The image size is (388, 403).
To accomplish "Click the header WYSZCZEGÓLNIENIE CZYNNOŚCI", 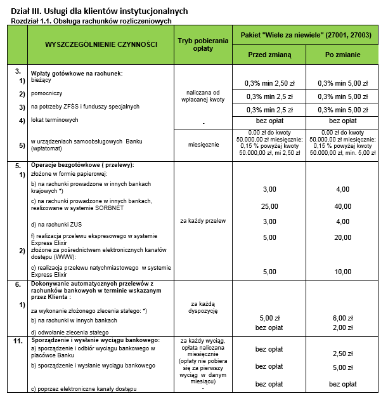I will (x=101, y=46).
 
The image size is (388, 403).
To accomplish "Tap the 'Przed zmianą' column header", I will (x=269, y=55).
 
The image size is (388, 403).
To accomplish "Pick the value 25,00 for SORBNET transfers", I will (x=269, y=206).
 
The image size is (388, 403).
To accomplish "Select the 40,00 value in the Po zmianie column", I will (x=342, y=206).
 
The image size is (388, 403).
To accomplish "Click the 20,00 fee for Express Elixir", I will (x=342, y=237).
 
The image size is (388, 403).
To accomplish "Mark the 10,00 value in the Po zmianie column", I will (x=342, y=272).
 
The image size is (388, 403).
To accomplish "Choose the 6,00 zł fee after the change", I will (x=342, y=317).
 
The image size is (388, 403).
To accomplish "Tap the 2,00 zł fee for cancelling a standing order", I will (x=342, y=327).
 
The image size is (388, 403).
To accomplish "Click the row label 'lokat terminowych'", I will (x=55, y=119).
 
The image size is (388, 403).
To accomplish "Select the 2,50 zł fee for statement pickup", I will (x=342, y=353).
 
